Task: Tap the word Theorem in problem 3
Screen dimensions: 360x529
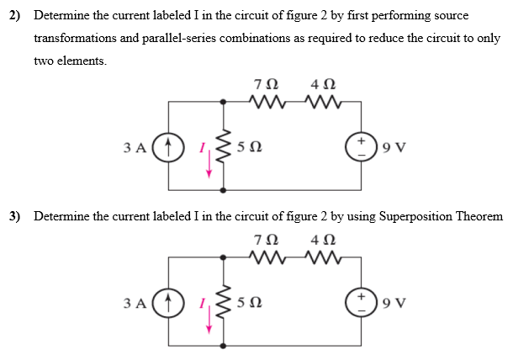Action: tap(478, 216)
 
